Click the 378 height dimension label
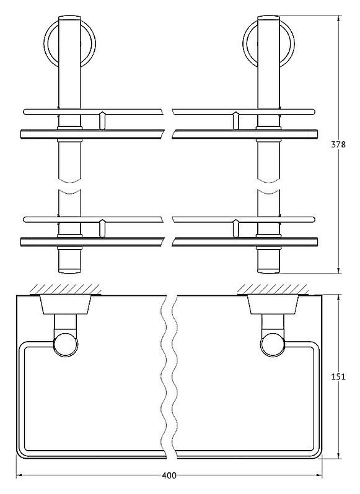[338, 144]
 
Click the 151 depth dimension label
[338, 376]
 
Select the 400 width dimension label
[169, 475]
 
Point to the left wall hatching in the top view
[66, 289]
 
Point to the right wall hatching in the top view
[273, 289]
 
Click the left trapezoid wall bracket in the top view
[65, 305]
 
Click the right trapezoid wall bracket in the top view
[273, 305]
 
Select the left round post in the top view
[66, 345]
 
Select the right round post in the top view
[273, 345]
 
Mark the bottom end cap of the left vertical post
[69, 271]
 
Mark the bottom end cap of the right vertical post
[268, 271]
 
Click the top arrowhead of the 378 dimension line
[338, 18]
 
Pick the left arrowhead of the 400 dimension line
[19, 475]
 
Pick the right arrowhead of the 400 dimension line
[318, 475]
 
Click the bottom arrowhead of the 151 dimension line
[338, 456]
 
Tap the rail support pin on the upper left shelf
[102, 120]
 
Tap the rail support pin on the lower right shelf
[235, 228]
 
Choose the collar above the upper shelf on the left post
[69, 128]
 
